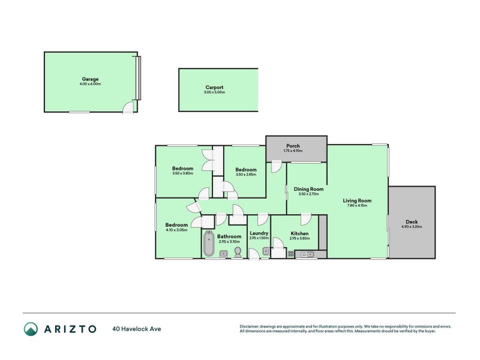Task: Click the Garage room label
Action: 91,79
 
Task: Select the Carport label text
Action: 215,88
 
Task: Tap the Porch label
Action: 293,146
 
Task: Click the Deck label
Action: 412,222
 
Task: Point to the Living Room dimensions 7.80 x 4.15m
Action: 357,206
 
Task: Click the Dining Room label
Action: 308,189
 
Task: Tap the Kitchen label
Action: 299,233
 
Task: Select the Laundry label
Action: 258,233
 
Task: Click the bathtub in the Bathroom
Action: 208,245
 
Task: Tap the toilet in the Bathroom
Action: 238,252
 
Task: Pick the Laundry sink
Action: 265,251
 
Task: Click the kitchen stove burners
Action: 292,254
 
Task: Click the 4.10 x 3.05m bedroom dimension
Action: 176,230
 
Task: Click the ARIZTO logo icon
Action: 31,329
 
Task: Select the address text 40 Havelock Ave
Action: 137,329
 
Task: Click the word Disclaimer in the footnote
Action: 251,326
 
